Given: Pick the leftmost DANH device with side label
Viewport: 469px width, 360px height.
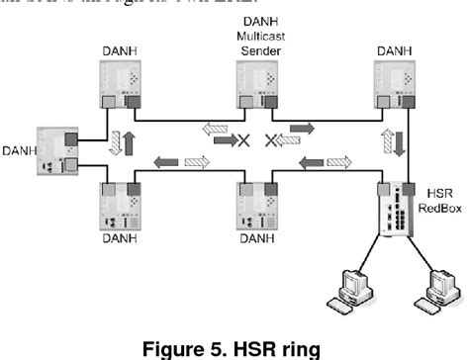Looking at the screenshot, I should [x=51, y=150].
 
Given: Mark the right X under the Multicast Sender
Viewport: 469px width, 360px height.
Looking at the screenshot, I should [x=274, y=141].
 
